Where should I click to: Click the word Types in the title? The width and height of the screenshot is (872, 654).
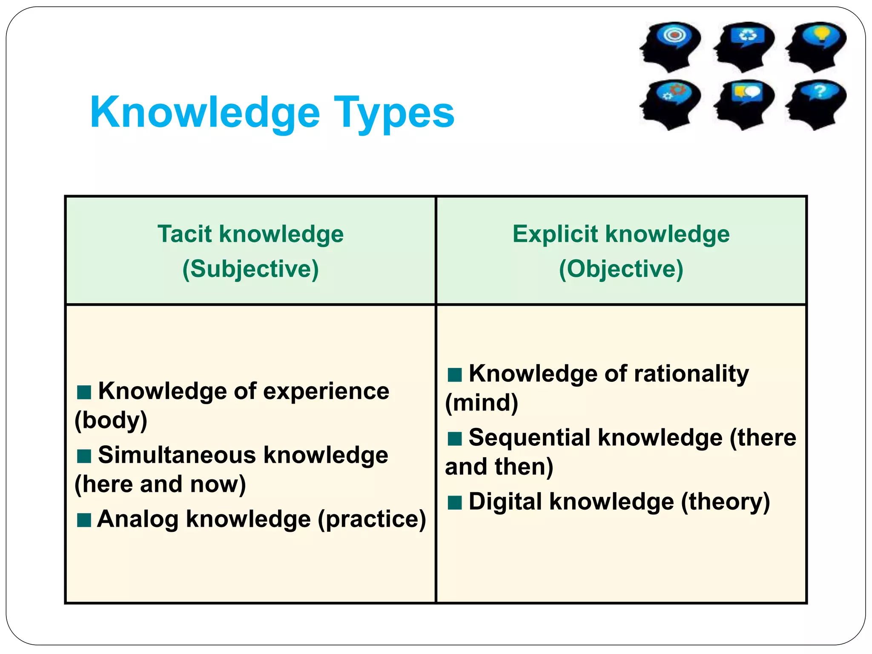pyautogui.click(x=394, y=113)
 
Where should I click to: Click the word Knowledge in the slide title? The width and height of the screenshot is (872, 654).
pyautogui.click(x=205, y=113)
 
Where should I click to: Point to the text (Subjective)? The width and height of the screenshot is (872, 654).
pyautogui.click(x=250, y=269)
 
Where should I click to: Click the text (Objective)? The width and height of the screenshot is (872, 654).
pyautogui.click(x=621, y=269)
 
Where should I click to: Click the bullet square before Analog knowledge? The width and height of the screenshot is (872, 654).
pyautogui.click(x=84, y=520)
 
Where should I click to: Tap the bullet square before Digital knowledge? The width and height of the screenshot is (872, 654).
pyautogui.click(x=455, y=502)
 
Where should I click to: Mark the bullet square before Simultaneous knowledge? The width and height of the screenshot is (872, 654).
pyautogui.click(x=84, y=456)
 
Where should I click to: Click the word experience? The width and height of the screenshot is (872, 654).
pyautogui.click(x=326, y=391)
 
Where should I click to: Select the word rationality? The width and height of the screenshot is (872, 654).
pyautogui.click(x=691, y=374)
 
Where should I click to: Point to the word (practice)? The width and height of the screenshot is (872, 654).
pyautogui.click(x=372, y=519)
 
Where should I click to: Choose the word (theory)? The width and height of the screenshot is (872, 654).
pyautogui.click(x=726, y=502)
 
